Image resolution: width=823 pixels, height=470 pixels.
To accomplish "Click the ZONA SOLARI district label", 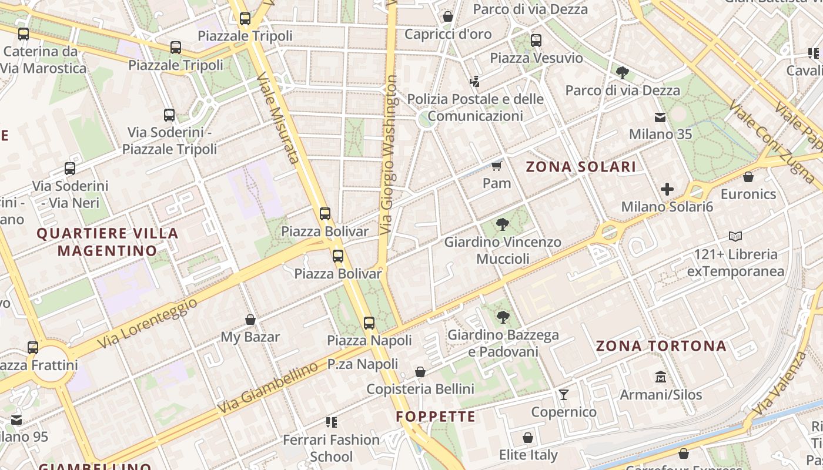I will coord(581,167).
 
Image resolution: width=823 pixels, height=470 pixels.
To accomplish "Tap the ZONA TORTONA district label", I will coord(661,346).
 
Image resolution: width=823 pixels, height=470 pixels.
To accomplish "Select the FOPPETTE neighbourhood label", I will coord(436,417).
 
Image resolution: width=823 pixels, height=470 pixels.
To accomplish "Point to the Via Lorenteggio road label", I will coord(147,323).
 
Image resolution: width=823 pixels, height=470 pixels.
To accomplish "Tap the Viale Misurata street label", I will coord(278,117).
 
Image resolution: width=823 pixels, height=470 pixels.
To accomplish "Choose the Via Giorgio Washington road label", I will coord(390,154).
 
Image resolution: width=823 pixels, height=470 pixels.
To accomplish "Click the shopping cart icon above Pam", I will coord(497,166).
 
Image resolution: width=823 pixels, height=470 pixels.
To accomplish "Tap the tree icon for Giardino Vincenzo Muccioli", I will coord(502,224).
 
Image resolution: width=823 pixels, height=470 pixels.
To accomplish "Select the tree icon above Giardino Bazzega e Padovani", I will coord(503,317).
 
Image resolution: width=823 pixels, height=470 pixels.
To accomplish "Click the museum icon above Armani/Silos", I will coord(661,377).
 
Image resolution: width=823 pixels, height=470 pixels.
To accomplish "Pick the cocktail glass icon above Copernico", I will coord(564,394).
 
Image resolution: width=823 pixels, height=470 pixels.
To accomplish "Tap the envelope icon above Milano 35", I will coord(661,117).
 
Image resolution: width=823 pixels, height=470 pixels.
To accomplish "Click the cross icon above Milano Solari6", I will coord(667,189).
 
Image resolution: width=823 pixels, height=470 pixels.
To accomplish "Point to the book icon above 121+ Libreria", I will coord(735,236).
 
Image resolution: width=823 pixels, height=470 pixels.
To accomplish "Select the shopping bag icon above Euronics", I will coord(748,176).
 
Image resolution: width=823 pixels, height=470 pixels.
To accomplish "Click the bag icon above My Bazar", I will coord(250,320).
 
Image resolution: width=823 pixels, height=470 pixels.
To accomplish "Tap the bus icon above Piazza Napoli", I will coord(369,323).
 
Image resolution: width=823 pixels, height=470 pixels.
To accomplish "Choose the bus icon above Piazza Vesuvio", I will coord(536,41).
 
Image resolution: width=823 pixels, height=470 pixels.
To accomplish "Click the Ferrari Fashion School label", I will coord(332,448).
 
